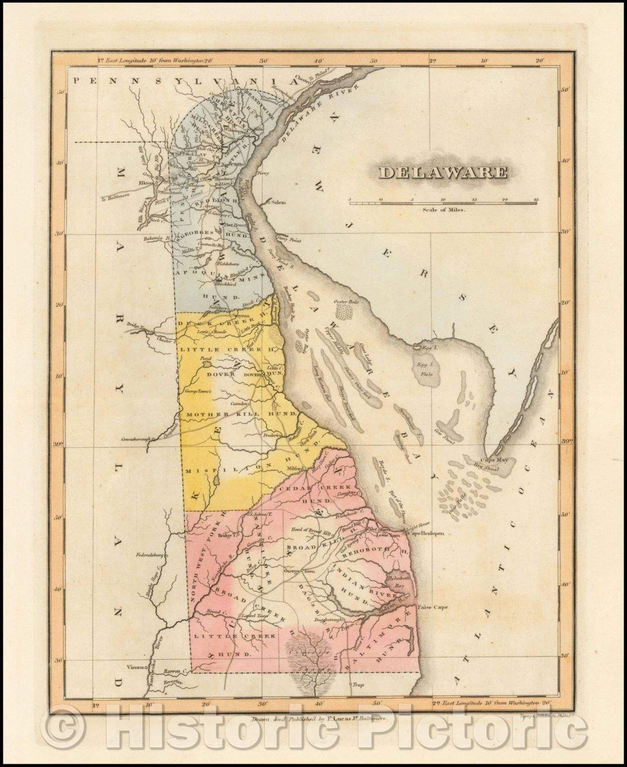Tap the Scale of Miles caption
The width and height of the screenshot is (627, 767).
[444, 212]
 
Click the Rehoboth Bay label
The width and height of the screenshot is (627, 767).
[402, 583]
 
